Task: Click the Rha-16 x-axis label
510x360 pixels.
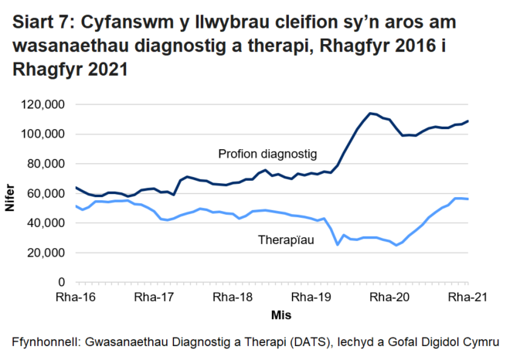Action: click(75, 297)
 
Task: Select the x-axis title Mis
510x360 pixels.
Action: click(280, 315)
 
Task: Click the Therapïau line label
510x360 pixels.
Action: click(285, 241)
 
